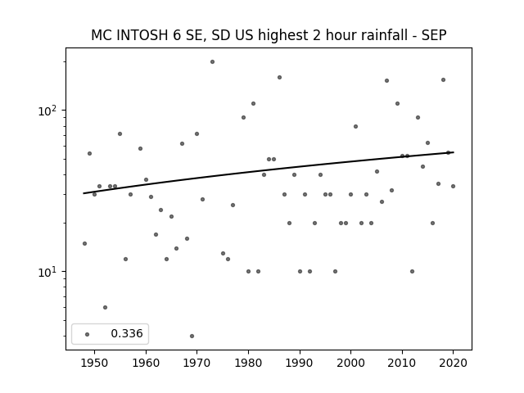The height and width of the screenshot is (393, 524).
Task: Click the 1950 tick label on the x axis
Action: (95, 363)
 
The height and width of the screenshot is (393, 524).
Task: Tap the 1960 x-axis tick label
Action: (146, 363)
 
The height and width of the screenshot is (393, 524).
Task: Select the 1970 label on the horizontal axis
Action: (196, 363)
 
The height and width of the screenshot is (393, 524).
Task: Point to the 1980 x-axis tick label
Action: (248, 363)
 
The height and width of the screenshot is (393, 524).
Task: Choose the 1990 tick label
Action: (300, 363)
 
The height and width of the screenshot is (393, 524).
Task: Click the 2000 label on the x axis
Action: (350, 363)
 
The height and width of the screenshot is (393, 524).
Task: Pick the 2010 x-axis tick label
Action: (402, 363)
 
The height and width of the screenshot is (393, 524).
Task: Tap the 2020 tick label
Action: (453, 363)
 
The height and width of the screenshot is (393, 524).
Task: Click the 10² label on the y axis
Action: (48, 111)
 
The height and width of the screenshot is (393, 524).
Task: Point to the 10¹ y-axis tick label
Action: (48, 272)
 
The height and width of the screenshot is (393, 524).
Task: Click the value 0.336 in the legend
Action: (127, 333)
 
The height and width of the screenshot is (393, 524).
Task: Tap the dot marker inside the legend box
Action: (88, 334)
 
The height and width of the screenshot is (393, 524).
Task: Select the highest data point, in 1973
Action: (212, 62)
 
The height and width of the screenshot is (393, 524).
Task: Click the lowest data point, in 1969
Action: (192, 336)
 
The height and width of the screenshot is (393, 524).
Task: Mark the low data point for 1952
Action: (105, 308)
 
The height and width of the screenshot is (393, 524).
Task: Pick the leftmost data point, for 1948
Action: (84, 244)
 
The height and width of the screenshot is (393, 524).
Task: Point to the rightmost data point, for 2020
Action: (453, 186)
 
